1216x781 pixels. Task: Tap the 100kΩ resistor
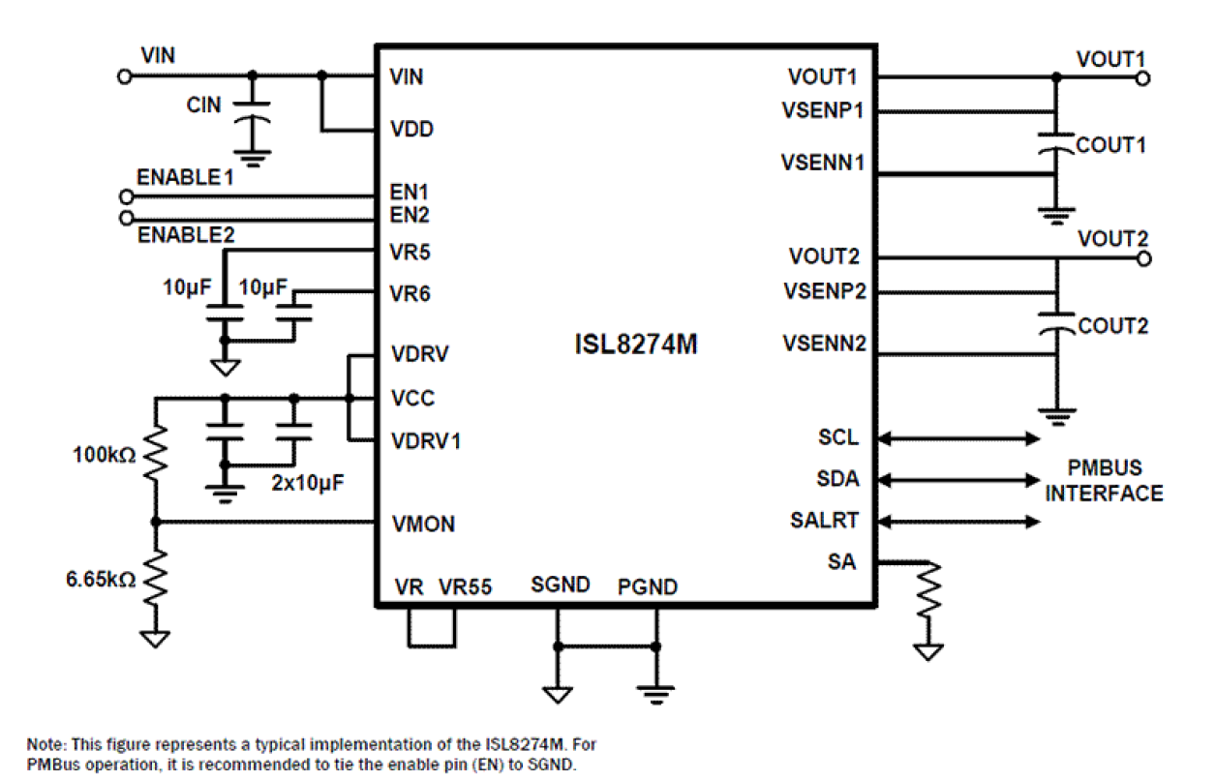pyautogui.click(x=155, y=452)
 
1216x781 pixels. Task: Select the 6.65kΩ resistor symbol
pyautogui.click(x=155, y=579)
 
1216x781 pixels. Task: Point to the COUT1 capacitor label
pyautogui.click(x=1111, y=145)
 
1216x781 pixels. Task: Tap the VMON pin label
pyautogui.click(x=423, y=525)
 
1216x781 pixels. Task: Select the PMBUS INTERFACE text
pyautogui.click(x=1104, y=481)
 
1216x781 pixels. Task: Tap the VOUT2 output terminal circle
pyautogui.click(x=1143, y=258)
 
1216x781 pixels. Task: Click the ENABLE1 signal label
pyautogui.click(x=185, y=178)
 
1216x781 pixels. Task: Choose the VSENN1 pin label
pyautogui.click(x=823, y=163)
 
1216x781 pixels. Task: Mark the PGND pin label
pyautogui.click(x=648, y=586)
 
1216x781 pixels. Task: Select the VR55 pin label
pyautogui.click(x=465, y=586)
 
